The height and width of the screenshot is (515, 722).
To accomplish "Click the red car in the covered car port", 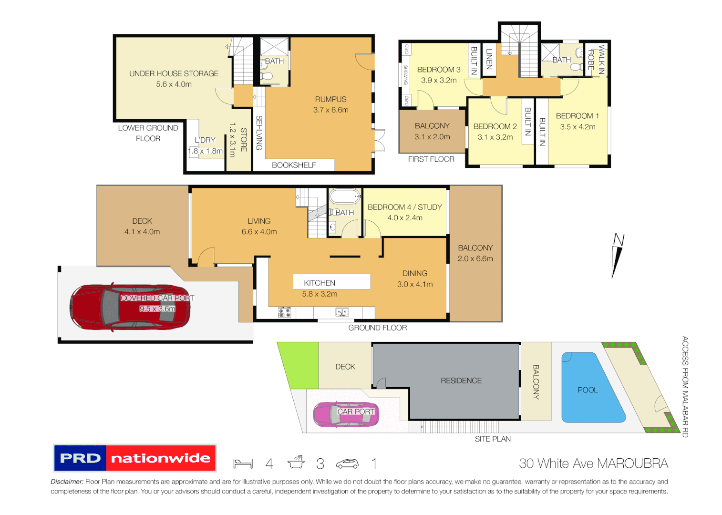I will point(130,308).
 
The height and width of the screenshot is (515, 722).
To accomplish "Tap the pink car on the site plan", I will point(346,414).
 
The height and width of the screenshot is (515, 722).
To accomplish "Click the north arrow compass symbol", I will point(618,255).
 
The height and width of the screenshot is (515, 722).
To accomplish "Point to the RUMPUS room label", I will point(330,99).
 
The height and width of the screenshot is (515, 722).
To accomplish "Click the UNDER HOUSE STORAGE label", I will point(174,73).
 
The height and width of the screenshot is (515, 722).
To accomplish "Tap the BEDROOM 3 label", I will point(439,70).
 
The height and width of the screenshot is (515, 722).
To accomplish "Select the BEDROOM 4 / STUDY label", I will point(404,207).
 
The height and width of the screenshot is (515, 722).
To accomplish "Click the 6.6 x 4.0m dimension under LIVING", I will point(259,232).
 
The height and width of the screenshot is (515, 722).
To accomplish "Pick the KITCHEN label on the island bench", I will point(320,283).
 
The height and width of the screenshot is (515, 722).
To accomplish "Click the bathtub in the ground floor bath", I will point(345,196).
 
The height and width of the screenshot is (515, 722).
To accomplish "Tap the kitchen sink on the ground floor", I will point(342,312).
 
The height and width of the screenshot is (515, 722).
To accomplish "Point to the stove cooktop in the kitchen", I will point(285,312).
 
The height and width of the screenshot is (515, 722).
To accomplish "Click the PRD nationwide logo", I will point(135,458).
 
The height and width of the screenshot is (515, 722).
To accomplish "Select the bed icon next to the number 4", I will point(243,463).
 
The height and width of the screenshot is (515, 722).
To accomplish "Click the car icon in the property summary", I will point(347,463).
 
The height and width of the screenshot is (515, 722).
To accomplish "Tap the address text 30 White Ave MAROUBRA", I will point(593,463).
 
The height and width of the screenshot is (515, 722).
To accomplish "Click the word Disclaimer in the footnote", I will point(67,482).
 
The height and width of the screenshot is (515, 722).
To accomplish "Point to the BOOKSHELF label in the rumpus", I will point(294,165).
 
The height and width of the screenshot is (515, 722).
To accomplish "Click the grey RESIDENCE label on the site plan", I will point(461,381).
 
